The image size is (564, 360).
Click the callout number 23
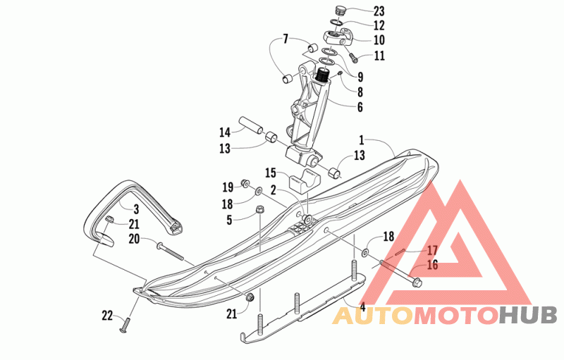coord(379,11)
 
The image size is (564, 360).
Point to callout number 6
coord(360,107)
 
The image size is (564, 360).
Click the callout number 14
coord(225,132)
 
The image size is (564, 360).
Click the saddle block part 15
coord(304,181)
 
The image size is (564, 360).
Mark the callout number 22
coord(107,316)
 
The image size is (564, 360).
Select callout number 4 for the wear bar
coord(362,306)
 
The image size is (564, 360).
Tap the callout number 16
coord(432,265)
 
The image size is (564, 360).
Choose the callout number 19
coord(228,187)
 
